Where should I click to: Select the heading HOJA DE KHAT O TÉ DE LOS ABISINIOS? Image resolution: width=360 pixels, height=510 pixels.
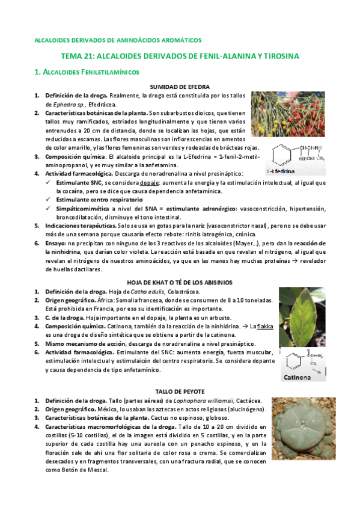tap(180, 282)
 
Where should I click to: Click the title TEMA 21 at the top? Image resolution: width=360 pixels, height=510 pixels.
tap(180, 56)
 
